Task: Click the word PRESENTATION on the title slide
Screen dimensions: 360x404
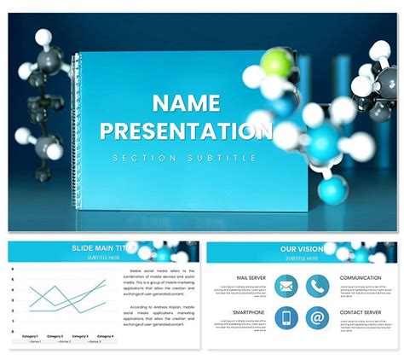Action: (184, 131)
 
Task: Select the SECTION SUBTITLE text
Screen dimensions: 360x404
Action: (184, 158)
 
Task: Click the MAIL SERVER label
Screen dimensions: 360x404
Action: (251, 278)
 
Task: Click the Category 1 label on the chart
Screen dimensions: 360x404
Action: (31, 336)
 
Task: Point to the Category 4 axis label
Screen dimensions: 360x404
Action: (104, 336)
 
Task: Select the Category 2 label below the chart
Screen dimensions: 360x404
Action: (55, 336)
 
